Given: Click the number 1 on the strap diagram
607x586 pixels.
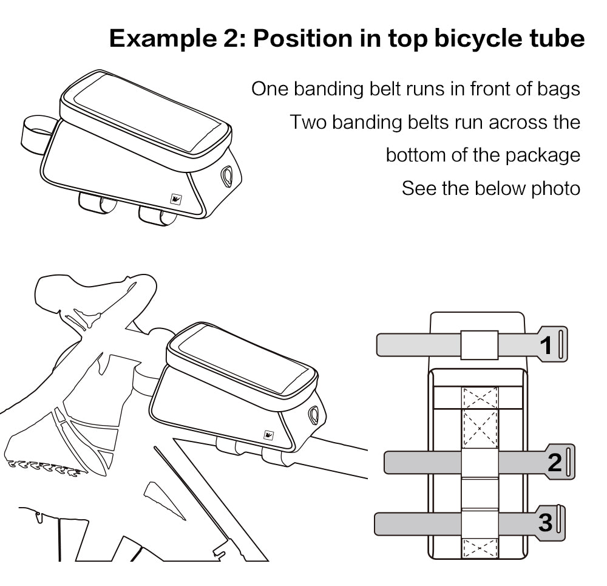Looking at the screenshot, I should coord(546,345).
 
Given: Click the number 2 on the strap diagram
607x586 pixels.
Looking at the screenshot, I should coord(555,462).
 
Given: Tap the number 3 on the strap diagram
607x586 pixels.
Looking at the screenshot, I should coord(545,522).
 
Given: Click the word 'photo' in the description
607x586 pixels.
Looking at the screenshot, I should coord(555,188).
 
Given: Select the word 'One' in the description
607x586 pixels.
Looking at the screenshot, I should coord(270,89).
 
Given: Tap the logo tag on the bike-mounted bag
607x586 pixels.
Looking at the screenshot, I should coord(268,435).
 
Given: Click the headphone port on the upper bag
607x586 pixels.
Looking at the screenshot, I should coord(227,174).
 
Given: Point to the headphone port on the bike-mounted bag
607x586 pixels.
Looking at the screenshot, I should coord(314,414).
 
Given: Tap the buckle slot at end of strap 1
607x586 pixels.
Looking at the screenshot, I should coord(562,344).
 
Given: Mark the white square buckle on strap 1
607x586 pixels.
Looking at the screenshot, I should coord(479,345).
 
